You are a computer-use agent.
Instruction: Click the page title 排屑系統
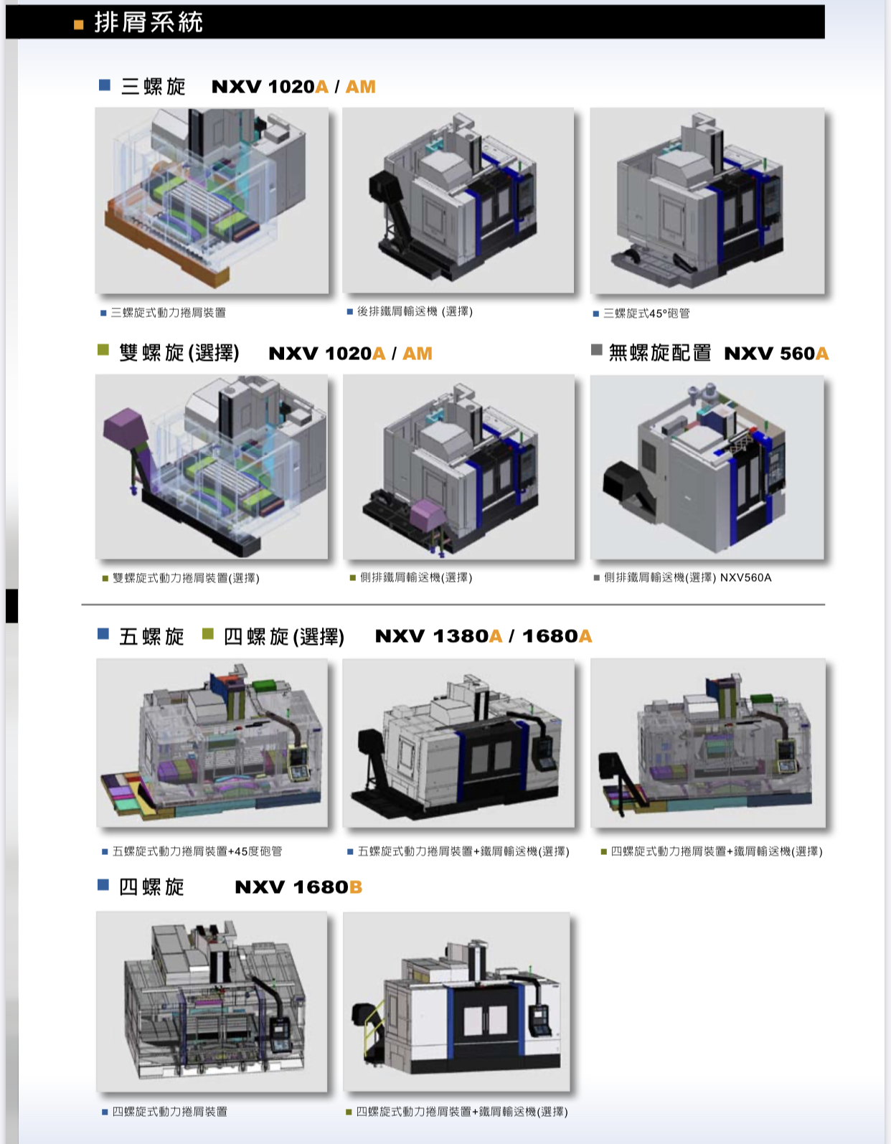148,23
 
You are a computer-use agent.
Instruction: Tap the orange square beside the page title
78,24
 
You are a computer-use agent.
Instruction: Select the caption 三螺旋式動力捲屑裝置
168,313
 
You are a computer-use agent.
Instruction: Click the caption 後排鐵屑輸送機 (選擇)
415,312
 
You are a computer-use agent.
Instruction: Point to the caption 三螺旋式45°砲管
646,313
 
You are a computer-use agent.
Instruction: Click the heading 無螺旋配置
660,353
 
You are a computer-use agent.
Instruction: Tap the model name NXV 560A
776,354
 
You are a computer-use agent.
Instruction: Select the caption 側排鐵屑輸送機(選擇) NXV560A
688,577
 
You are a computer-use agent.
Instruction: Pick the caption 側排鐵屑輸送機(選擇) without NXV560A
416,577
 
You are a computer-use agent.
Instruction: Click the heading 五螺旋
151,636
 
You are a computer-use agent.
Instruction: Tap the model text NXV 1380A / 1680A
484,636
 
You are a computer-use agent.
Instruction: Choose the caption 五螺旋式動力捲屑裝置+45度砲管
197,851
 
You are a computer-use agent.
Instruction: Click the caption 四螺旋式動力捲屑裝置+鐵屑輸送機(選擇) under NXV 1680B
462,1112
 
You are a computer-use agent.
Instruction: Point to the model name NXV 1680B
298,887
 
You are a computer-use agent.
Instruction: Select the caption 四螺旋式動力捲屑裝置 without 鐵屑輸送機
169,1112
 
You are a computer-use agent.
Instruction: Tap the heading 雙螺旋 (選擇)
179,353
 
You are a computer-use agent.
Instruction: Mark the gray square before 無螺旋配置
596,350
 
